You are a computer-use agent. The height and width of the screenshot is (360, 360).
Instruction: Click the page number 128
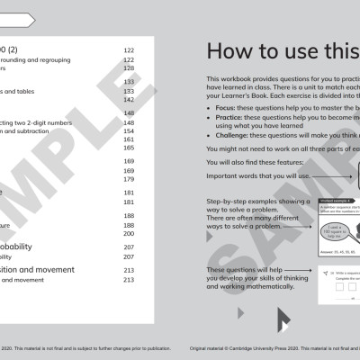pos(128,68)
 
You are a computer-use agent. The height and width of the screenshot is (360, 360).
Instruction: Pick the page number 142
pos(128,100)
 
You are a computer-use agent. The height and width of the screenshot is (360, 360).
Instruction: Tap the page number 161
pos(128,140)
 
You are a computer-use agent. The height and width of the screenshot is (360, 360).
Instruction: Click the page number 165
pos(128,148)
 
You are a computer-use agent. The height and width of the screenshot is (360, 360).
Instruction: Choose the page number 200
pos(128,232)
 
